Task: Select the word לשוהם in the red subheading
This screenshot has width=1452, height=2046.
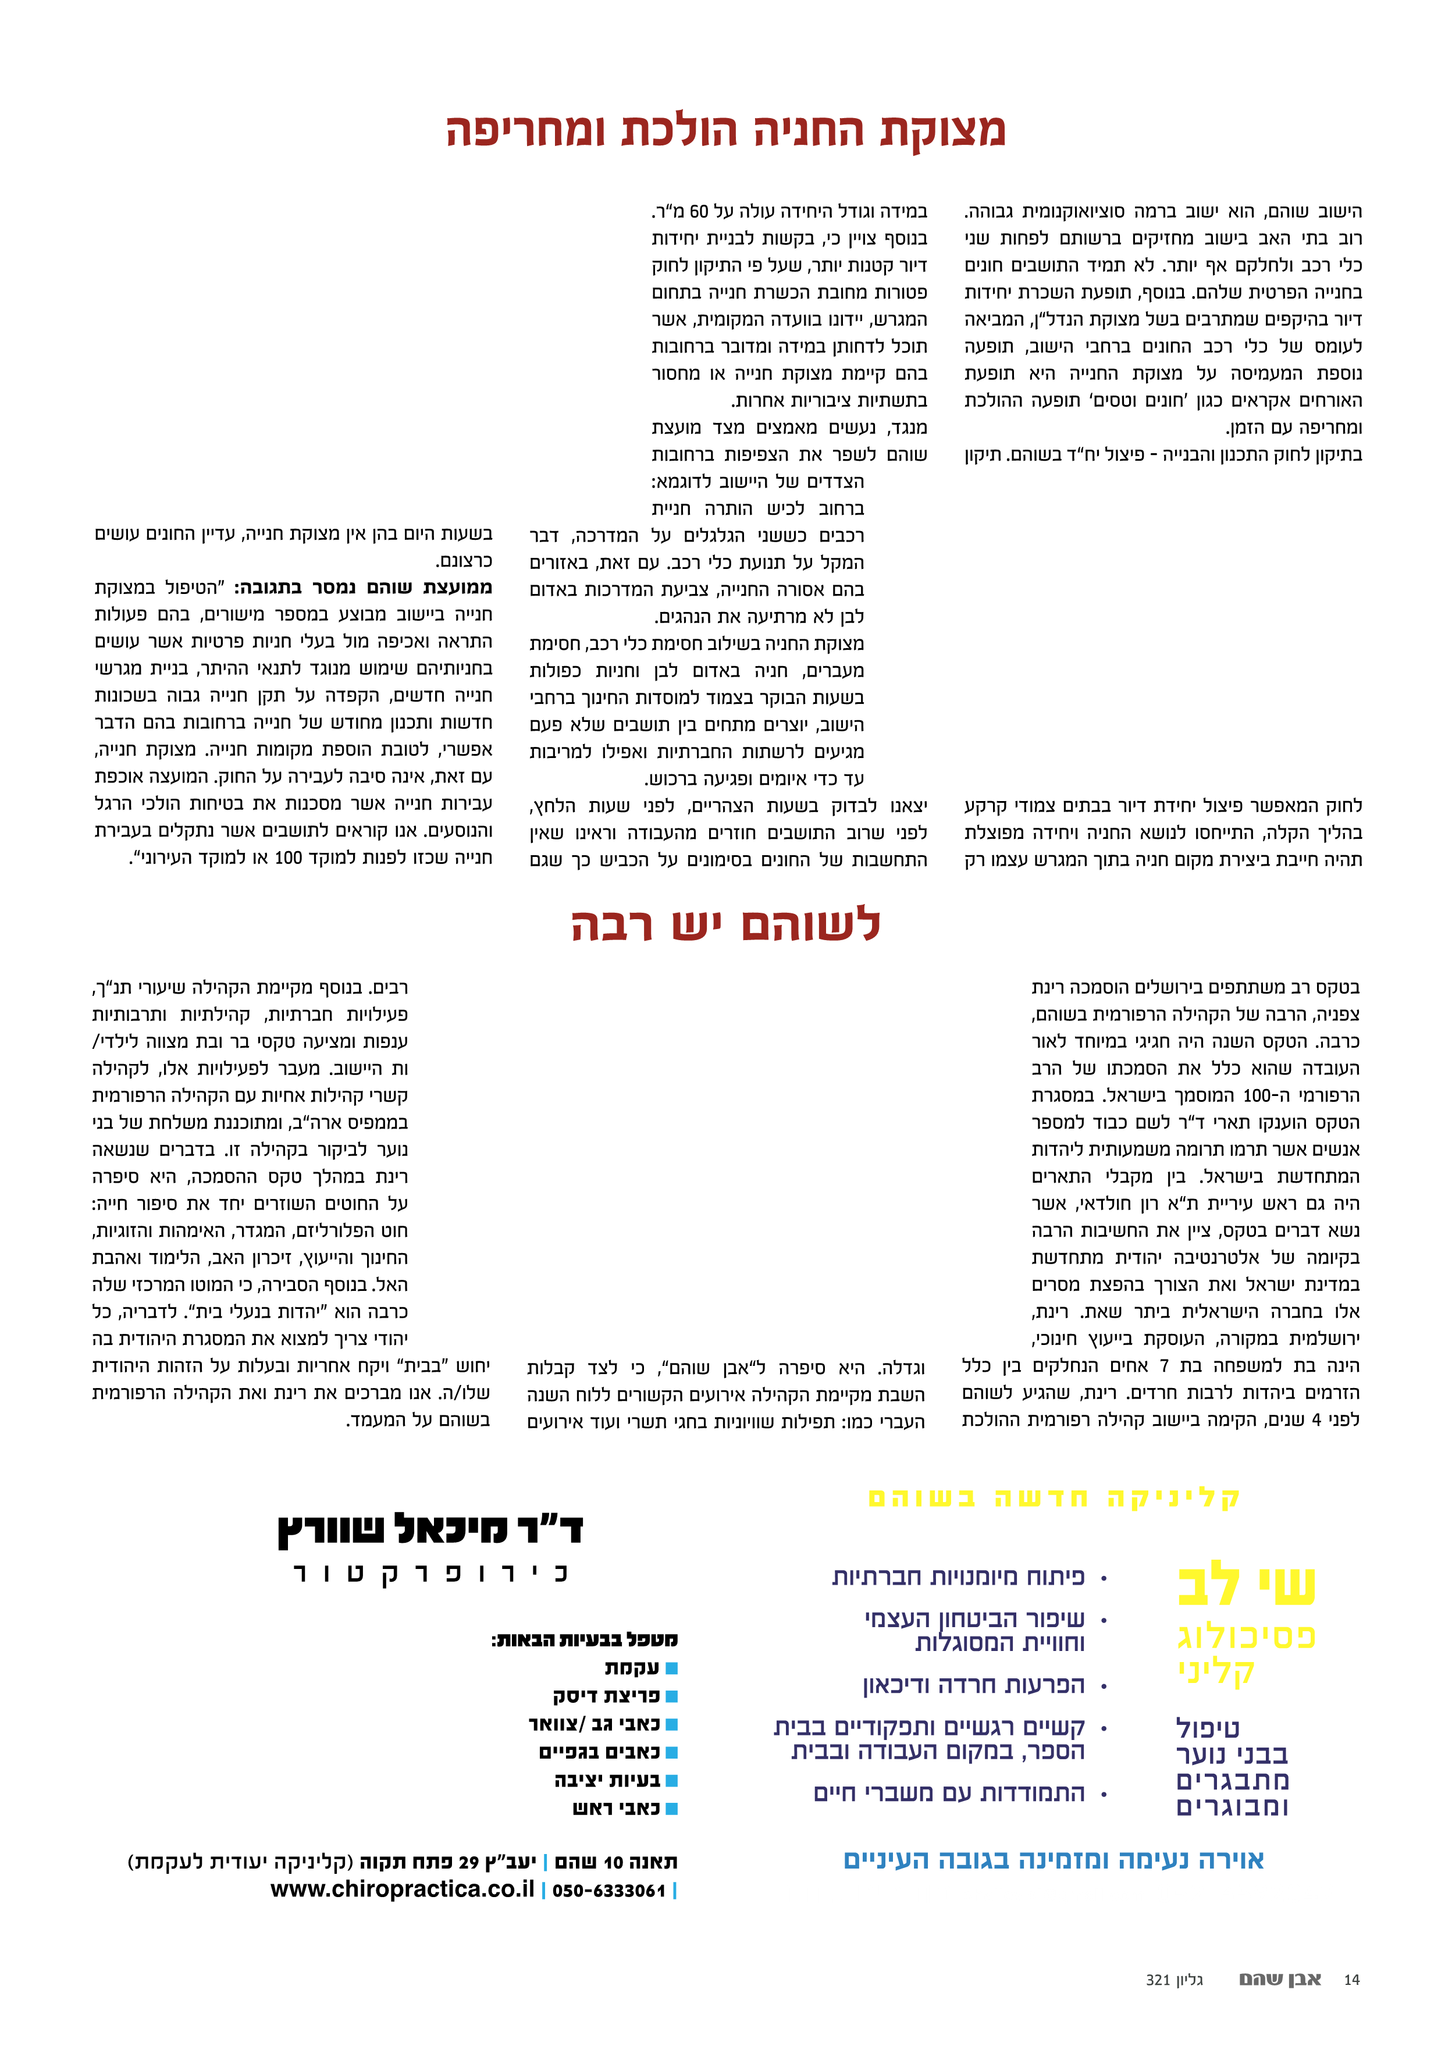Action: [810, 924]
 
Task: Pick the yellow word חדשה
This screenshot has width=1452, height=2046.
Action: [1041, 1498]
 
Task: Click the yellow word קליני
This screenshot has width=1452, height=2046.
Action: [1216, 1671]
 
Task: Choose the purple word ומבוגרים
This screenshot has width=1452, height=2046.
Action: [1232, 1806]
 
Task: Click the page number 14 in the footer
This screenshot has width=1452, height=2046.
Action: [1351, 1980]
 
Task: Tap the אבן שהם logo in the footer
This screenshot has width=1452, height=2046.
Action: [1279, 1979]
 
